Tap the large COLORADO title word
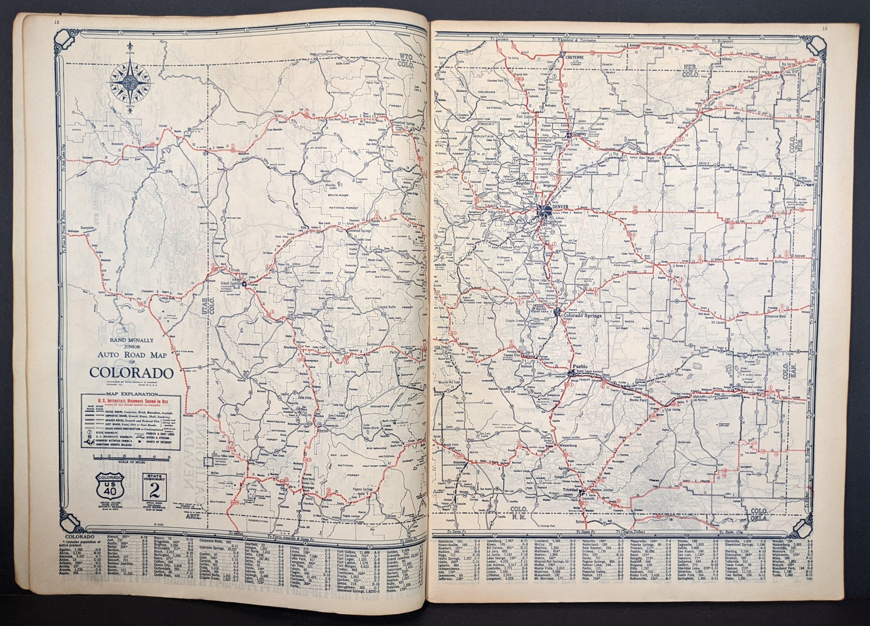[x=130, y=373]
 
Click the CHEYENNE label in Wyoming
[x=575, y=56]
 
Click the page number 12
[x=57, y=22]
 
